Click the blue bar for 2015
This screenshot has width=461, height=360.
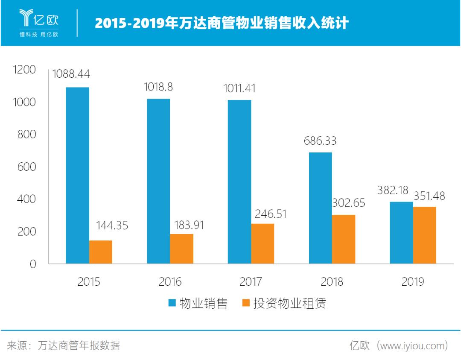tap(77, 176)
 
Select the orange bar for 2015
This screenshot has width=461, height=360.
tap(101, 252)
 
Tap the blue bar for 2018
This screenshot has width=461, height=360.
tap(320, 208)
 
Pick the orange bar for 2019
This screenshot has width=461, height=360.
tap(424, 235)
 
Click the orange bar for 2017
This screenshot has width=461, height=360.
tap(263, 243)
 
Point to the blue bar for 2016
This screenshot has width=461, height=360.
tap(158, 181)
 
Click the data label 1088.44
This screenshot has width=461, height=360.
tap(71, 74)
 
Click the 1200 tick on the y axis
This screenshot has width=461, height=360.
tap(25, 70)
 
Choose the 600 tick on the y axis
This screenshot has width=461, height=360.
tap(27, 167)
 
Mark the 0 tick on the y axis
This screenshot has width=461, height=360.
tap(33, 264)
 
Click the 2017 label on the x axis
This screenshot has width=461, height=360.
tap(251, 282)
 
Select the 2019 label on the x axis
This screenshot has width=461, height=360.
tap(412, 282)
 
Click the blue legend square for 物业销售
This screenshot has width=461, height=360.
tap(172, 303)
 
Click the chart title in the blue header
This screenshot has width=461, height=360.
tap(222, 23)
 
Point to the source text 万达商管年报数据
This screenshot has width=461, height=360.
tap(79, 345)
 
